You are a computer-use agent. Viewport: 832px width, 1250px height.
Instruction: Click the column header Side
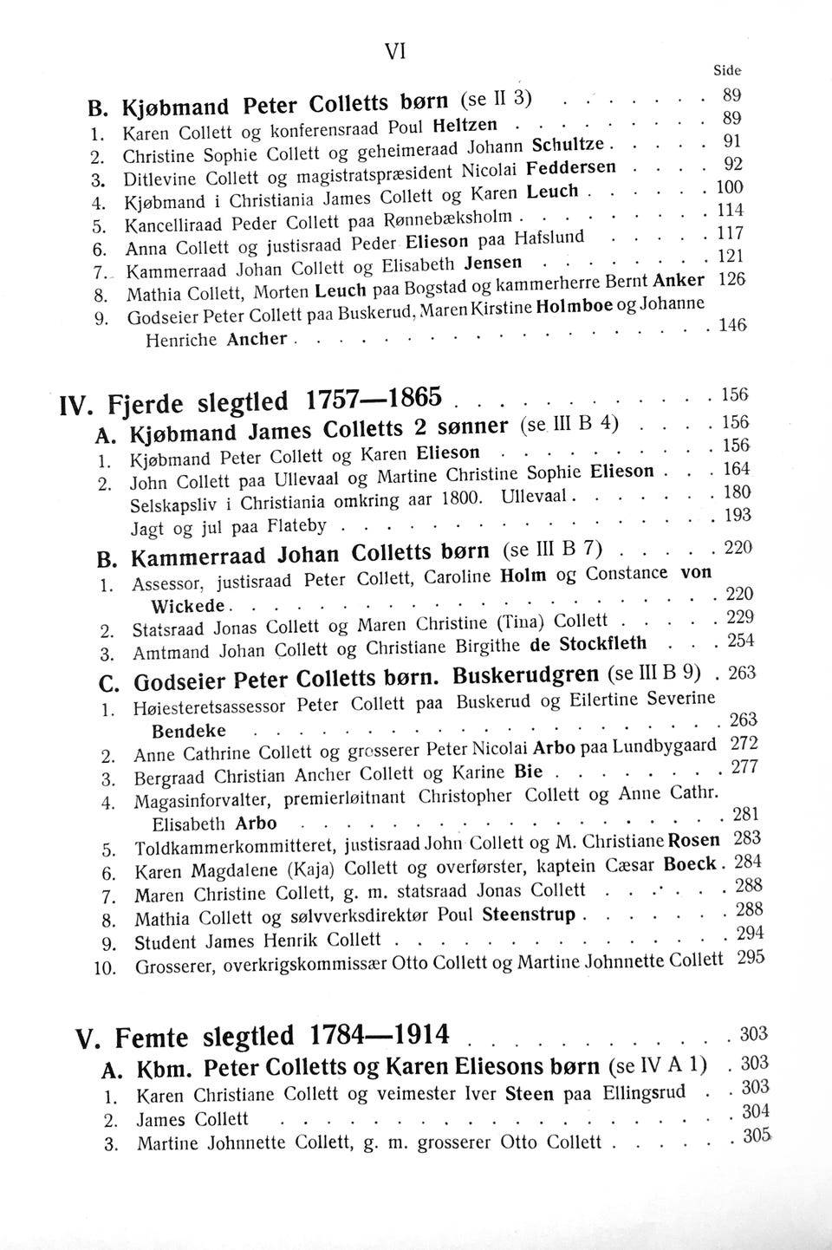[727, 72]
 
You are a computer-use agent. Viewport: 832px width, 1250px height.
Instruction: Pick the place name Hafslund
[549, 237]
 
